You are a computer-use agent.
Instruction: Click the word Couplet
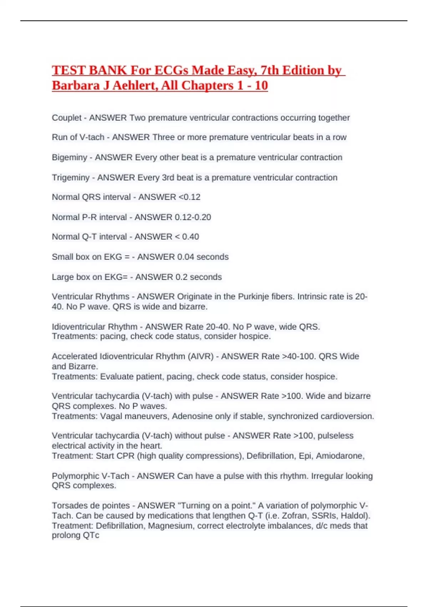click(67, 118)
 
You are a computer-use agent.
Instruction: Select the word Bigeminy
click(70, 157)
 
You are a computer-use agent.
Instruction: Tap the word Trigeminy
click(71, 177)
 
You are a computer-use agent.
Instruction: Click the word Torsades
click(68, 506)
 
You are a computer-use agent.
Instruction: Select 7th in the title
click(269, 70)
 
